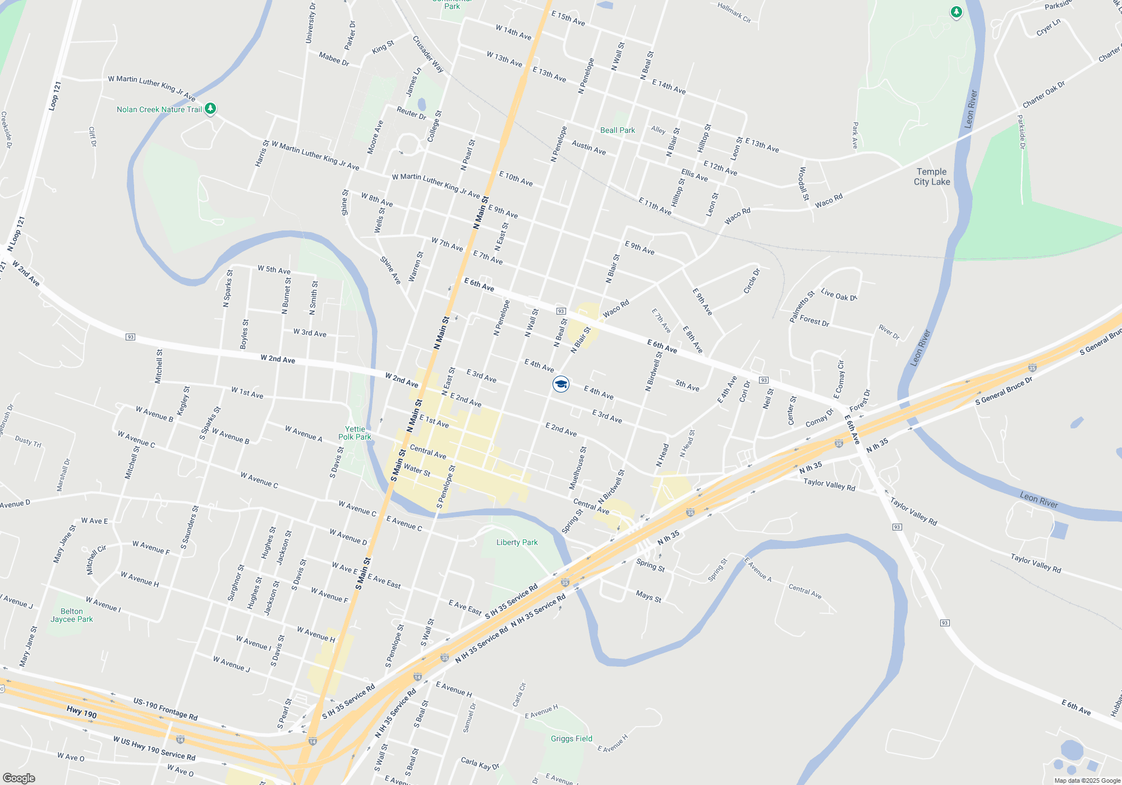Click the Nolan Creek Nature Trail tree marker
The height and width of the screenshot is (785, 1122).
210,108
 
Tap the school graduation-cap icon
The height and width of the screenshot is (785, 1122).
561,384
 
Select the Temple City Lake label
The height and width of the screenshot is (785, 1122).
932,177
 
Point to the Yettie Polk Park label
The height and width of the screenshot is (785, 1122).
355,433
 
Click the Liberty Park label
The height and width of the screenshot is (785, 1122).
517,542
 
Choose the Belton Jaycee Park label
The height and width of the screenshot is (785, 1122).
72,615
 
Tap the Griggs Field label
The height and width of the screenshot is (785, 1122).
571,738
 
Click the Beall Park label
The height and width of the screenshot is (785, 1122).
617,130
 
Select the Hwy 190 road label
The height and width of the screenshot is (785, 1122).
82,712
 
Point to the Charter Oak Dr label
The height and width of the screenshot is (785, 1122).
1043,95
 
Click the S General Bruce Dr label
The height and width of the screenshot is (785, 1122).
1004,391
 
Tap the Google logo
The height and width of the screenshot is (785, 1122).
19,778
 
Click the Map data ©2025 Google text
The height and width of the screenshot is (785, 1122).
1087,781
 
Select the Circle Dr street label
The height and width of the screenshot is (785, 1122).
752,281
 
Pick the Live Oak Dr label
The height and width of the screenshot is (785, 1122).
839,294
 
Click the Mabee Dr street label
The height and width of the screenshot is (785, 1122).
334,59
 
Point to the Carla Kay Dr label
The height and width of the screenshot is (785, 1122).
480,763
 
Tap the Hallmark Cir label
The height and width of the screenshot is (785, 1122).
734,12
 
